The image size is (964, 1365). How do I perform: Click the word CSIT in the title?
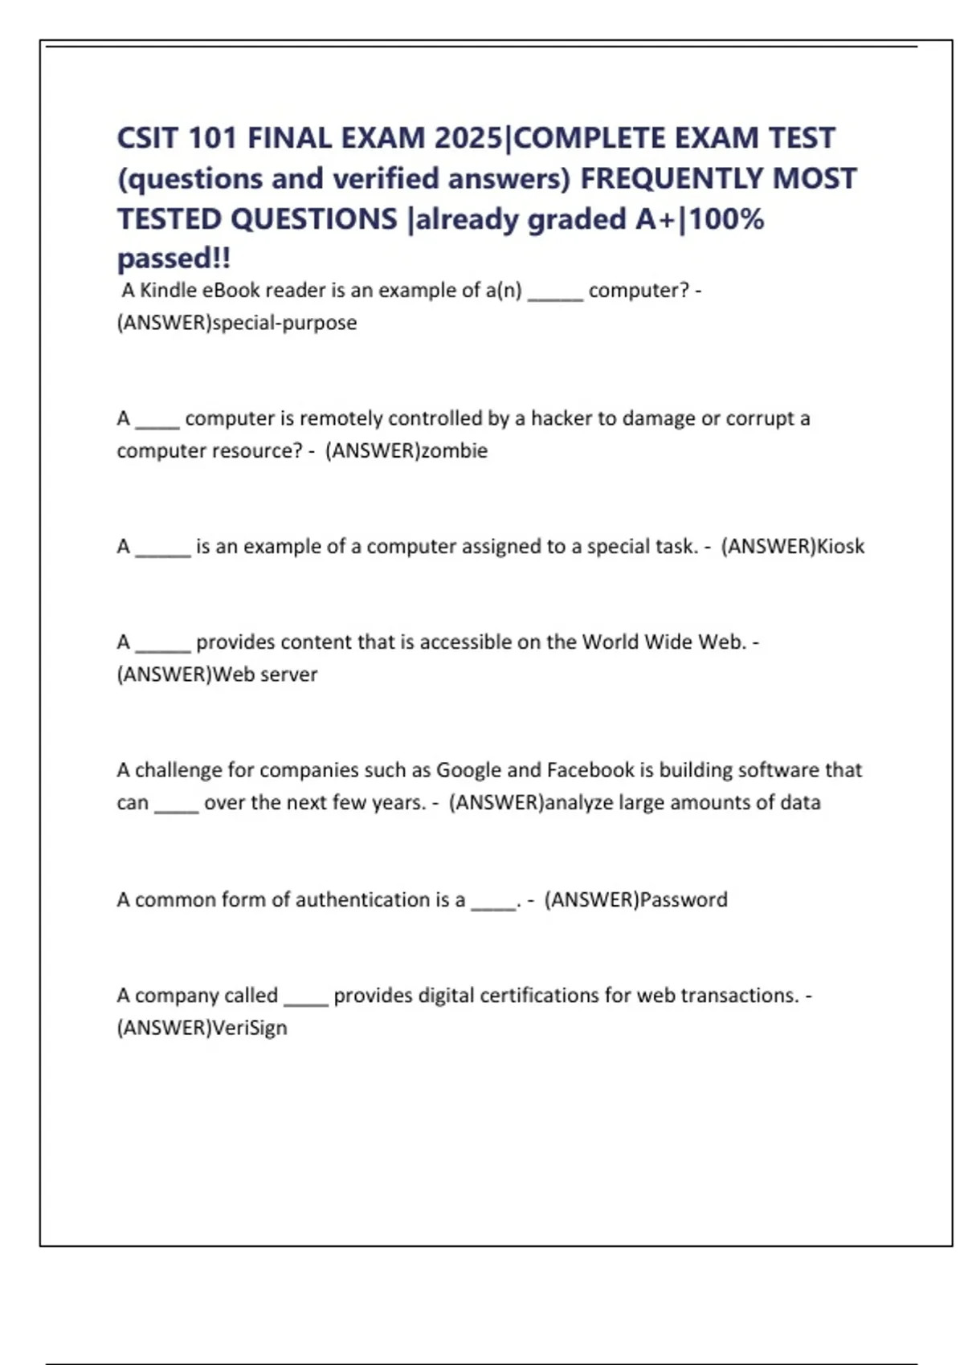tap(148, 138)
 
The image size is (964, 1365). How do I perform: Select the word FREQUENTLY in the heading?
tap(672, 178)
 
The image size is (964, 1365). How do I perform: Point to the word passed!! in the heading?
tap(174, 259)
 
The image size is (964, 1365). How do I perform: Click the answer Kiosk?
tap(840, 546)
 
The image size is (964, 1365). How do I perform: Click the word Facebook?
tap(590, 770)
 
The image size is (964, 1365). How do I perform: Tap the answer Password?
tap(684, 899)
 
